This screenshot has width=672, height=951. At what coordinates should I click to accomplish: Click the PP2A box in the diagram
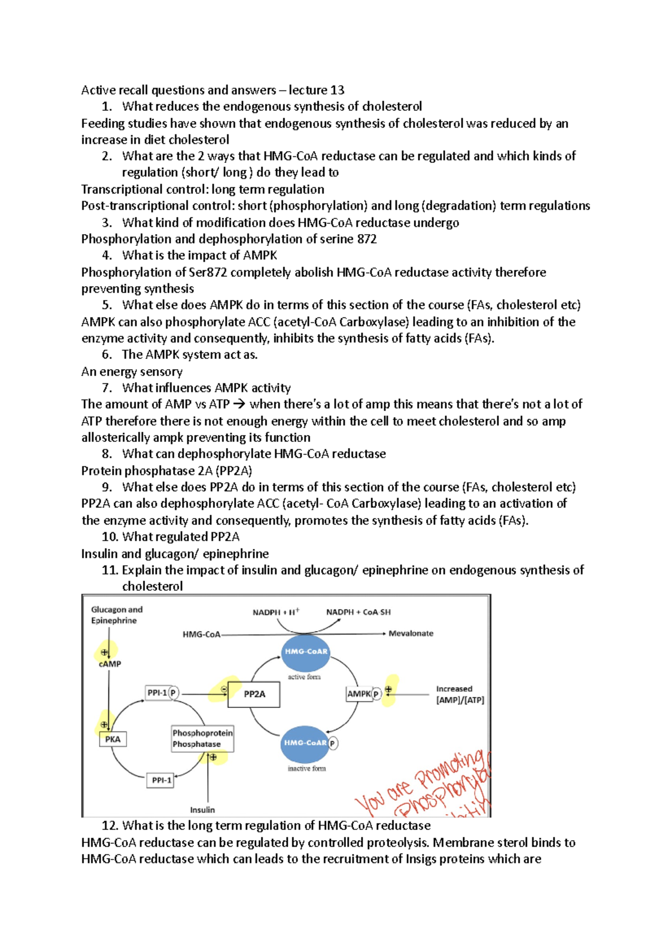pos(254,694)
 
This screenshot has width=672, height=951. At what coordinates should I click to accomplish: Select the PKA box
pos(113,739)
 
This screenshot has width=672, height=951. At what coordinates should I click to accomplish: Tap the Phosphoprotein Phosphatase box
pos(202,739)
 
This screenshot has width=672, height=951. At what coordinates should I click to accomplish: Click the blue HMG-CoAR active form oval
pos(305,652)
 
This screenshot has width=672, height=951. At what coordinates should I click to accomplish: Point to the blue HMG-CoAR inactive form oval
pos(304,743)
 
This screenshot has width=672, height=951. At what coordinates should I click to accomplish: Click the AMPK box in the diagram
pos(359,694)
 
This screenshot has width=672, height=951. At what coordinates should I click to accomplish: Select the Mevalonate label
pos(411,633)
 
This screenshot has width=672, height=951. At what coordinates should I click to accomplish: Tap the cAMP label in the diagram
pos(110,664)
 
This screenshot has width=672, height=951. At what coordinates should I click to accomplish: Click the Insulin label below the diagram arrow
pos(202,810)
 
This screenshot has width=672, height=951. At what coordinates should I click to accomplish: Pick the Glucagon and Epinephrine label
pos(116,615)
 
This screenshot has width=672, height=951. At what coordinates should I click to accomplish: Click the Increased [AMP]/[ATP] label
pos(460,694)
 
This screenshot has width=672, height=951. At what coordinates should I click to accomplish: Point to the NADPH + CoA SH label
pos(358,612)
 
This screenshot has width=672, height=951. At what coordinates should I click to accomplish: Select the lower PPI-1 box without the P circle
pos(160,780)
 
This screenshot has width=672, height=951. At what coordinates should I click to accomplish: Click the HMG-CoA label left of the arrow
pos(201,635)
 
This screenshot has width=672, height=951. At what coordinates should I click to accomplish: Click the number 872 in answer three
pos(367,239)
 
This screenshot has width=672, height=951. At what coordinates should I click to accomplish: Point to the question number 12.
pos(110,826)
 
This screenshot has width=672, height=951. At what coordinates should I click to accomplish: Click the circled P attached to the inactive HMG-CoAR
pos(333,743)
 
